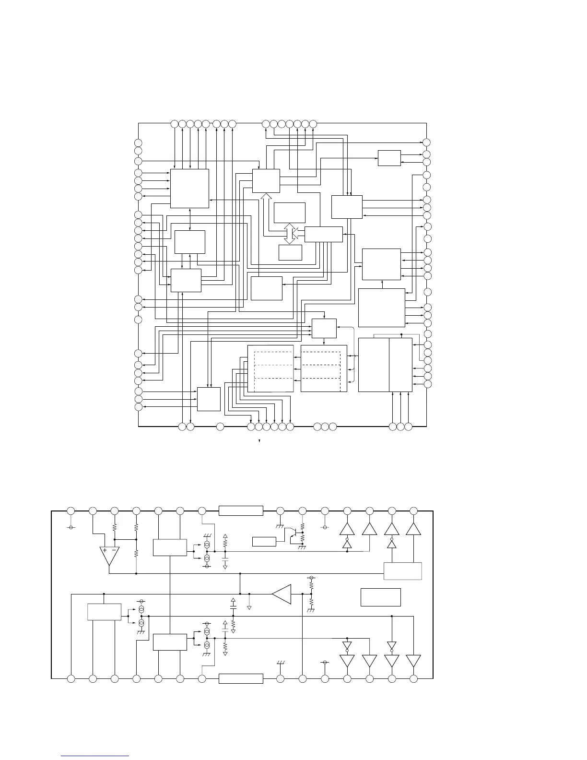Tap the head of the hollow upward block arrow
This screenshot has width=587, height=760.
[x=266, y=197]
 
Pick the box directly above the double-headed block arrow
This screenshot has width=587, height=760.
[x=290, y=213]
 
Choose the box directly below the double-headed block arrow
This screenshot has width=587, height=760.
[x=290, y=252]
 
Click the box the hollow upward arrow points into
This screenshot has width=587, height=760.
[x=266, y=181]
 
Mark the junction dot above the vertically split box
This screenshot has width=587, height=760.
[x=401, y=334]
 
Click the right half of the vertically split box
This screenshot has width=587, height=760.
[x=400, y=365]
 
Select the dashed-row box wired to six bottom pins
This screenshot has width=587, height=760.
[x=270, y=368]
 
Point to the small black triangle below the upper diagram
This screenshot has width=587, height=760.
[x=259, y=440]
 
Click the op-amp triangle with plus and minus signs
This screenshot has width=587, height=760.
[x=109, y=555]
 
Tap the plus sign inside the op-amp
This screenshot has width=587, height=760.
[x=105, y=550]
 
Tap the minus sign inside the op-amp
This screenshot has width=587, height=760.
[x=114, y=550]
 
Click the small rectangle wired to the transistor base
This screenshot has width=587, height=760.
[x=264, y=542]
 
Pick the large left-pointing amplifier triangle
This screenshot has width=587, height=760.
[x=282, y=594]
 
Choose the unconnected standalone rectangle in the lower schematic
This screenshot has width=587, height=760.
[x=380, y=597]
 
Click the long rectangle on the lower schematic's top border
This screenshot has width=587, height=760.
[x=241, y=511]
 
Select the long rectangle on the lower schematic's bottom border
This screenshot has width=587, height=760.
[x=241, y=678]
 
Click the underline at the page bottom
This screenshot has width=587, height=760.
[x=95, y=756]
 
